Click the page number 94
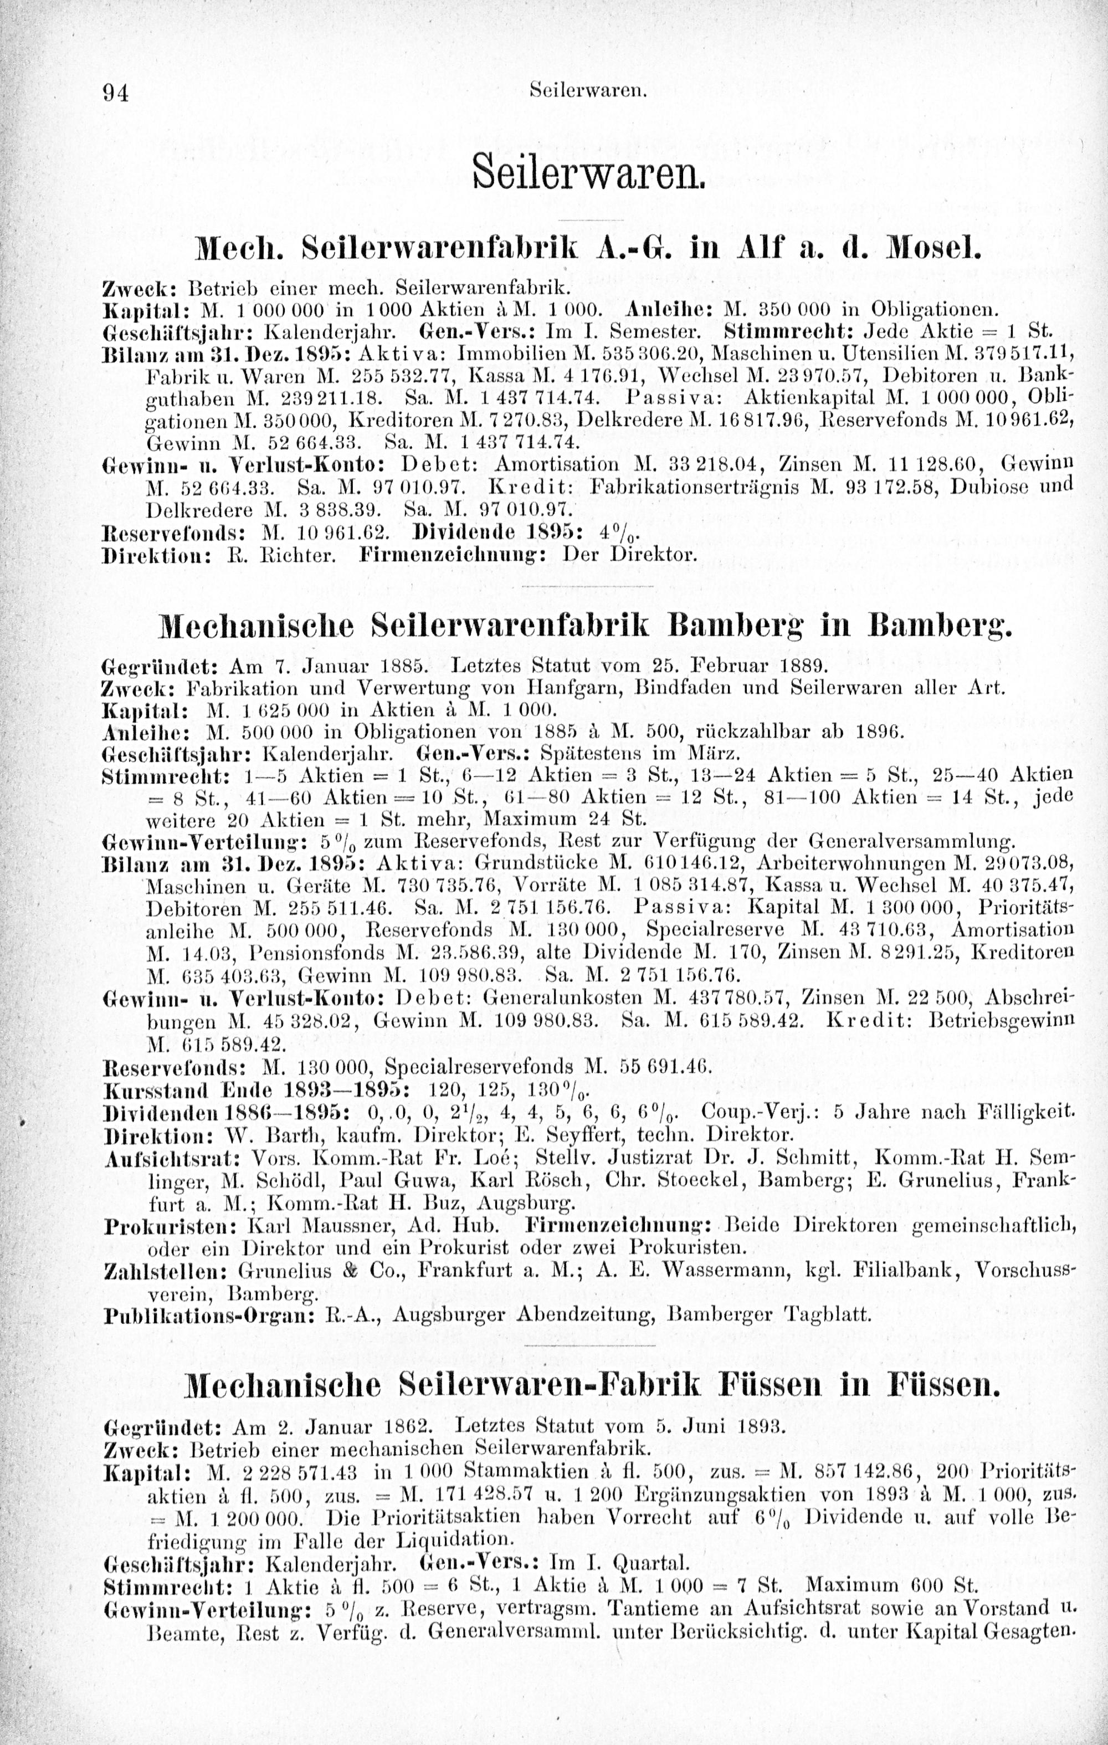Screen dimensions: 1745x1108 click(115, 93)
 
